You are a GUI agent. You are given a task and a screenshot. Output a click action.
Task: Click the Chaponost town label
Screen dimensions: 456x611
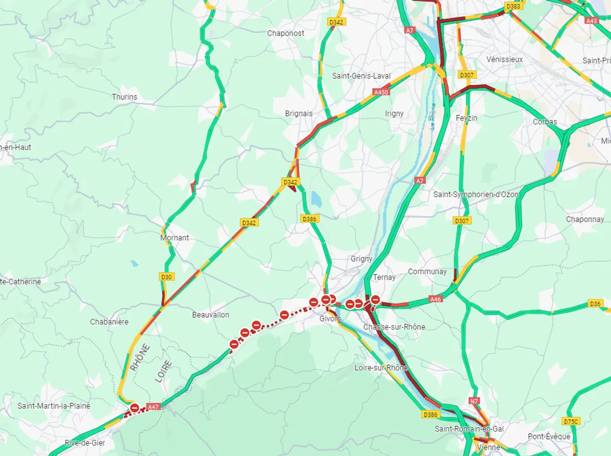[286, 33]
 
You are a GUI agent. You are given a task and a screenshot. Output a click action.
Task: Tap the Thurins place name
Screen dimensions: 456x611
[124, 97]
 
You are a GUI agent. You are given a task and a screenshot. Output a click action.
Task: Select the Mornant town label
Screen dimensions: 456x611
[174, 238]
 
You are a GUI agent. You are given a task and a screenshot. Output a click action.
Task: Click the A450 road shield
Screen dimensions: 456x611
[381, 92]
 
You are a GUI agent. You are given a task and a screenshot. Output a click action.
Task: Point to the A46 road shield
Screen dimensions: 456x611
[436, 299]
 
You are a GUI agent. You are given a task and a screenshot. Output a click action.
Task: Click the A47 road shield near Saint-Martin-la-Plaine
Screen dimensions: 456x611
[154, 407]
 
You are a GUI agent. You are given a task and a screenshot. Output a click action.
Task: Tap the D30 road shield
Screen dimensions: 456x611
[166, 277]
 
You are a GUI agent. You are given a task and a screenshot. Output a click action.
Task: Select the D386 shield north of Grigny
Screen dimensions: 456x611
[309, 219]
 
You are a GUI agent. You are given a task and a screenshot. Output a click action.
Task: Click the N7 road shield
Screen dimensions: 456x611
[474, 401]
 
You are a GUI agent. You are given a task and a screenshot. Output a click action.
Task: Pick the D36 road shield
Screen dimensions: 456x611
[595, 304]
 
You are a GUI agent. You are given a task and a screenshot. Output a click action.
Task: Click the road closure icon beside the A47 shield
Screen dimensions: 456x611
[135, 408]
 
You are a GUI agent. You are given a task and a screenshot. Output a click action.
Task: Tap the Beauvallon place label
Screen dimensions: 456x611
[211, 315]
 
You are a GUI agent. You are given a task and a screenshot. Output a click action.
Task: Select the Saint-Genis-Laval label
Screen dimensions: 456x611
[361, 76]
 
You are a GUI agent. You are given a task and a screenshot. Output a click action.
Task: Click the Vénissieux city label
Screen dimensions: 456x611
[504, 59]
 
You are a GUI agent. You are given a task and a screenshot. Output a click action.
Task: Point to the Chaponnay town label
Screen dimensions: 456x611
[585, 219]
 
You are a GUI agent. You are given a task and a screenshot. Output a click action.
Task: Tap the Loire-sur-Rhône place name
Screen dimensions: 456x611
[381, 368]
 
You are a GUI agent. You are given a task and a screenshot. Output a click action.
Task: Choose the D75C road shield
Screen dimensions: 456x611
[571, 422]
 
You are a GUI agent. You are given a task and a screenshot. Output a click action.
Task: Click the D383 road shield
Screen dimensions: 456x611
[513, 6]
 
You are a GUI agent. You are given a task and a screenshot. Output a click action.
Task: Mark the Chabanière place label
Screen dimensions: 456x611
[109, 322]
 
